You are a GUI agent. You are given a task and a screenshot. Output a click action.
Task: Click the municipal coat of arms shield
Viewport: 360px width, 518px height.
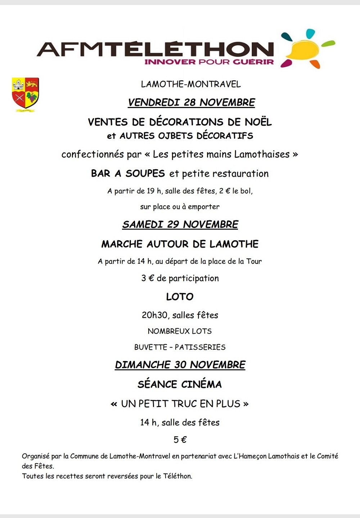tap(25, 94)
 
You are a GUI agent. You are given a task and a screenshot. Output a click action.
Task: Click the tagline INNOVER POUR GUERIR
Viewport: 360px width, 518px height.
tap(209, 62)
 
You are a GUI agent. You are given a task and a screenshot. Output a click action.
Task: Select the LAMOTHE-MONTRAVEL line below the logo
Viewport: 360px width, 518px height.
tap(191, 84)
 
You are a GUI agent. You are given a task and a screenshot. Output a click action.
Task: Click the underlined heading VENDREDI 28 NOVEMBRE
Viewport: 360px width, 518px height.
tap(192, 103)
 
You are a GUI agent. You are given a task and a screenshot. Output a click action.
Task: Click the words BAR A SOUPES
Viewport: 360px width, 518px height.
tap(128, 174)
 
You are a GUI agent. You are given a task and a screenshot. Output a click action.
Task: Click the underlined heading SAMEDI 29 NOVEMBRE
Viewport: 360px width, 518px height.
tap(180, 224)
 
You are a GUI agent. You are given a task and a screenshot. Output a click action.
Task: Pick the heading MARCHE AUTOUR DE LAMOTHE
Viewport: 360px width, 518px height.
tap(180, 244)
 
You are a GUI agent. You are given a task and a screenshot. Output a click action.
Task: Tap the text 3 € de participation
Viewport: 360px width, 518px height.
tap(180, 278)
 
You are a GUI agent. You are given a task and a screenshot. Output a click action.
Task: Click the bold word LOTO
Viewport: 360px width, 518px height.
tap(180, 297)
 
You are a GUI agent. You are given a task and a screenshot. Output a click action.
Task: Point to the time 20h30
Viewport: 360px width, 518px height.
tap(154, 315)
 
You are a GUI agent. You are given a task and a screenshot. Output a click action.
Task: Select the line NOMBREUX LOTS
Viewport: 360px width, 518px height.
tap(180, 331)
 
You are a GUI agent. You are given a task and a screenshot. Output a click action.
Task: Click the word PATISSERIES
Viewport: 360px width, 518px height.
tap(200, 347)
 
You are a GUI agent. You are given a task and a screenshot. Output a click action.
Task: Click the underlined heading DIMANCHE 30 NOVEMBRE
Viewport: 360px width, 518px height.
tap(180, 365)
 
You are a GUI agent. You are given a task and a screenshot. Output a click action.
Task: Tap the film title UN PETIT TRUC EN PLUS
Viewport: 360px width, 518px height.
tap(180, 404)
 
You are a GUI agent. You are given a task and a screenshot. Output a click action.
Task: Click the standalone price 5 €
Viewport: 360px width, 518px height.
tap(180, 440)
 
